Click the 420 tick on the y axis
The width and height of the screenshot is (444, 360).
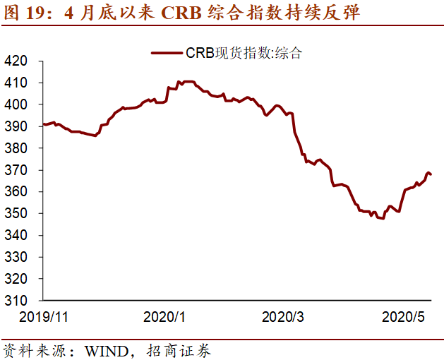pyautogui.click(x=17, y=61)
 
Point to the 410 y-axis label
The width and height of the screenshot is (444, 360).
pyautogui.click(x=17, y=83)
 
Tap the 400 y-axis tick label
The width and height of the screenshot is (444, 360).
pyautogui.click(x=17, y=104)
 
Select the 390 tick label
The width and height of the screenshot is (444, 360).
pyautogui.click(x=17, y=126)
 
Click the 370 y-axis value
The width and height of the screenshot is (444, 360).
pyautogui.click(x=17, y=170)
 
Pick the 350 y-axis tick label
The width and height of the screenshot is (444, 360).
pyautogui.click(x=17, y=213)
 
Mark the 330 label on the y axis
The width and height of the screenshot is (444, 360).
pyautogui.click(x=17, y=257)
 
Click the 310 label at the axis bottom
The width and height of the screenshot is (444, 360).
pyautogui.click(x=17, y=301)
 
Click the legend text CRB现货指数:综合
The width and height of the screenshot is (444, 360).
pyautogui.click(x=244, y=53)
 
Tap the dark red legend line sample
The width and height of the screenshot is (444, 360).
pyautogui.click(x=166, y=53)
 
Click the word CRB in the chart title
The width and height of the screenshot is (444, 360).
pyautogui.click(x=181, y=13)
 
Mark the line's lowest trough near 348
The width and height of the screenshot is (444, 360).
pyautogui.click(x=382, y=218)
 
